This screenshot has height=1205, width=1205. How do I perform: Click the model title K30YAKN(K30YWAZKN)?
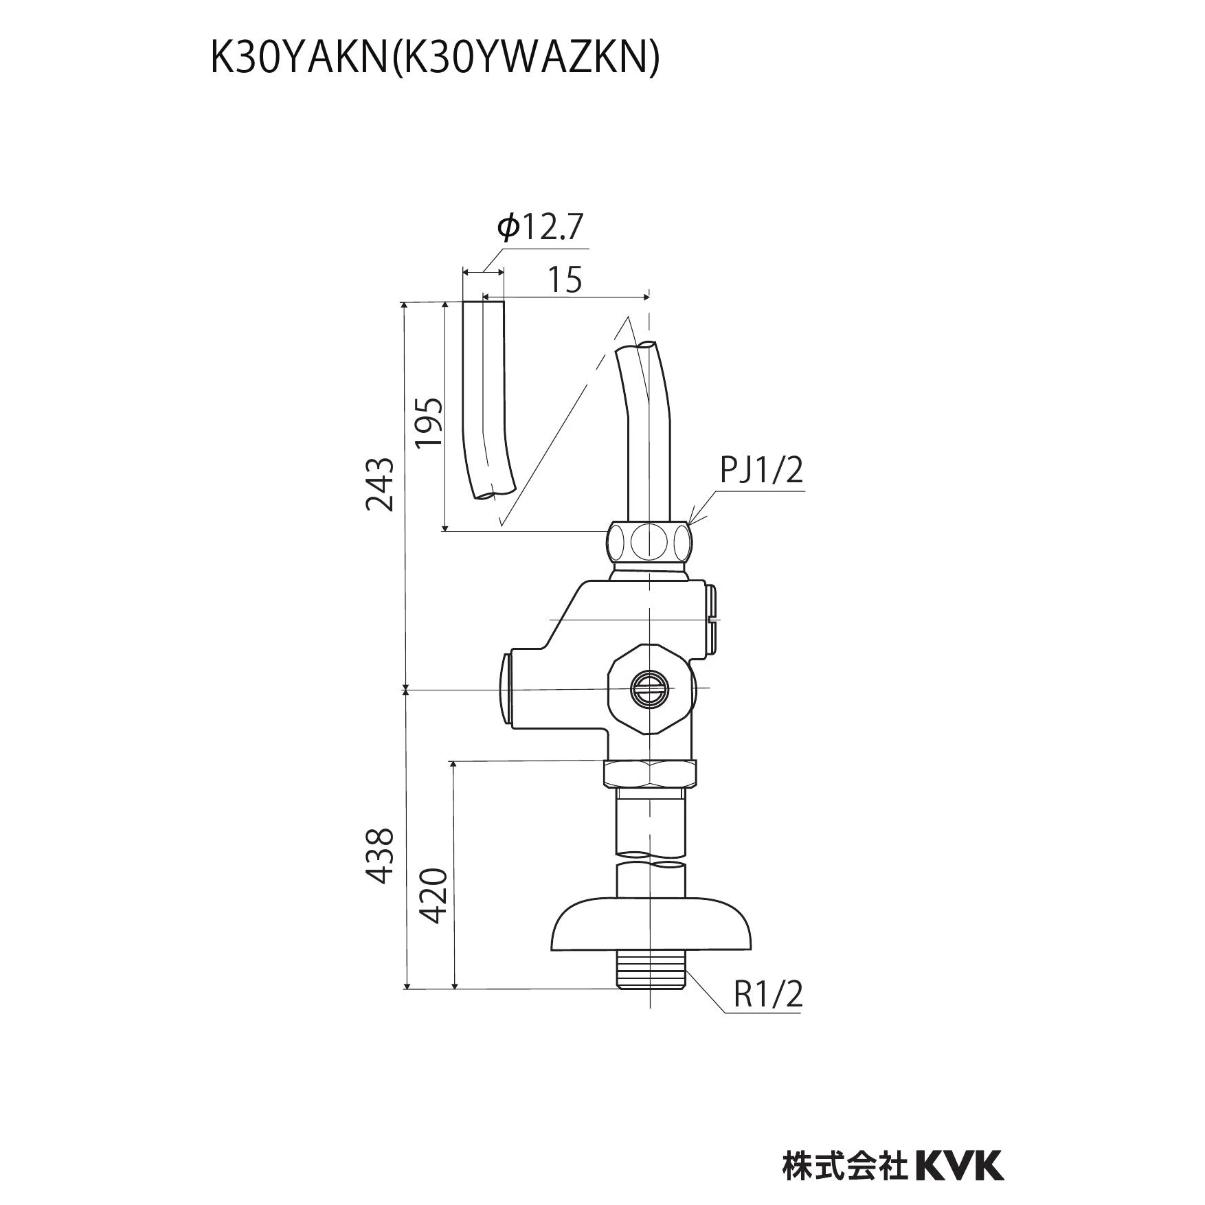click(434, 60)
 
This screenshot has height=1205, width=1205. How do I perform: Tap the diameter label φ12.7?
click(540, 227)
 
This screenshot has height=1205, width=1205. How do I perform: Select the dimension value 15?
click(565, 280)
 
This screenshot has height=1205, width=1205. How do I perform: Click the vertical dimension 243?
click(380, 484)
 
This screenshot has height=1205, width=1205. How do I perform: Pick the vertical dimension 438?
click(380, 855)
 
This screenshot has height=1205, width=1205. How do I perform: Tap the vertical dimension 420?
click(433, 897)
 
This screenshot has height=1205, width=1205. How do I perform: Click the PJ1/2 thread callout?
click(761, 471)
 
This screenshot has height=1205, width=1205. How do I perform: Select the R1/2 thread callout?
click(768, 993)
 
